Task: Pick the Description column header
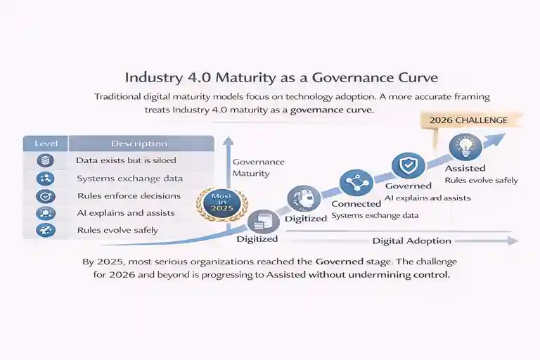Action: [139, 143]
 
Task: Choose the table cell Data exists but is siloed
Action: [127, 161]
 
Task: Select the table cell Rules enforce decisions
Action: [129, 195]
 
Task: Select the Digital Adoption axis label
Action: [411, 241]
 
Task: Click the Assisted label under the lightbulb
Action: [465, 168]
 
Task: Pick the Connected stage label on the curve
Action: [356, 204]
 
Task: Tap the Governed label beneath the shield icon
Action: [408, 186]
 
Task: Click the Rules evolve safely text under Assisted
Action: [481, 180]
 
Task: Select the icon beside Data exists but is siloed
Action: [46, 161]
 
